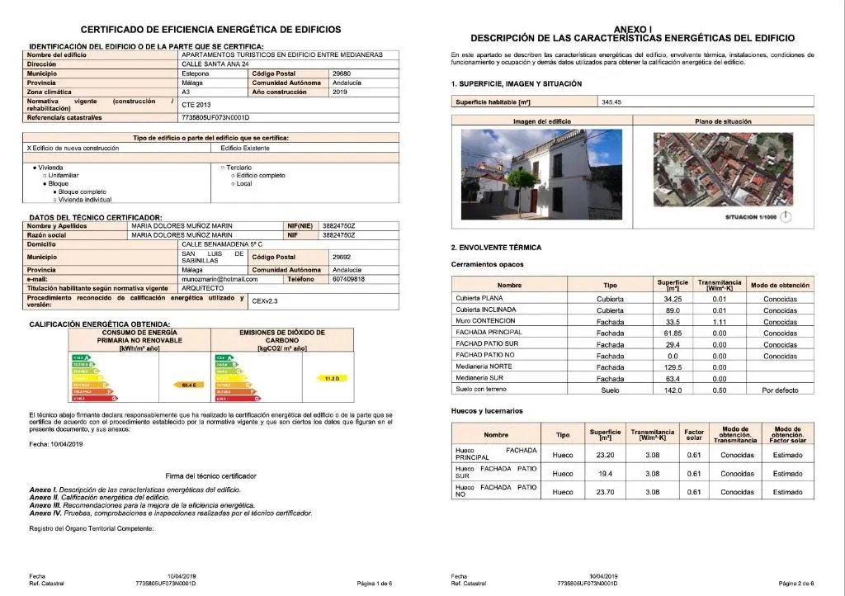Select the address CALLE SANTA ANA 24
215,64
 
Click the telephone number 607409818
348,279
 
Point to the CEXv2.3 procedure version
265,301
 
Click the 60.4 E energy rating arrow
186,385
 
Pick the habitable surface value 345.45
611,102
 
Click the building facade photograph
541,175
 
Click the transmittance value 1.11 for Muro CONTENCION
719,322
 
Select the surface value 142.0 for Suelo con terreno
673,390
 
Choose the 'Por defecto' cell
780,390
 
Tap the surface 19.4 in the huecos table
605,474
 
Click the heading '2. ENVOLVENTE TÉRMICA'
496,248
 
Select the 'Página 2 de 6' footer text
795,583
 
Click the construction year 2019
339,92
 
